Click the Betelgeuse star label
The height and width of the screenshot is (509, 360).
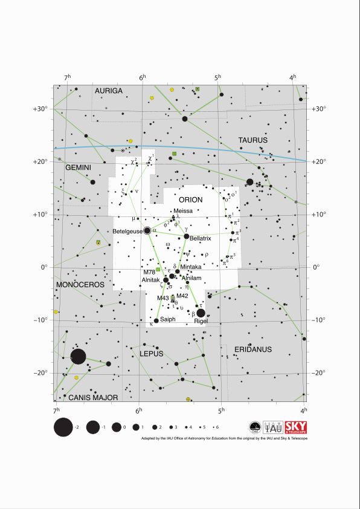click(x=127, y=232)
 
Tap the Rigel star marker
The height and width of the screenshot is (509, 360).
click(x=201, y=313)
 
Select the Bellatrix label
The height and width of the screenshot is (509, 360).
click(x=200, y=239)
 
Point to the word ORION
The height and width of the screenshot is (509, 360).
click(x=190, y=199)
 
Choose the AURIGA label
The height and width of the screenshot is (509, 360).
click(x=109, y=91)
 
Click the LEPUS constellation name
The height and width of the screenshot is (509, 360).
click(x=152, y=354)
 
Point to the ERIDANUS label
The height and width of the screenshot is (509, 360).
click(x=253, y=349)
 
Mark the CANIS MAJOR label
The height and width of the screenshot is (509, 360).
click(x=91, y=398)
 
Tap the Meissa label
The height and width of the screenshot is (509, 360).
click(x=183, y=210)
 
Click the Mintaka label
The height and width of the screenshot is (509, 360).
click(x=191, y=267)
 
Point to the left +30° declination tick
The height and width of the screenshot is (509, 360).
click(x=40, y=109)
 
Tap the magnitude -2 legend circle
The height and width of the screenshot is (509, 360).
click(x=63, y=428)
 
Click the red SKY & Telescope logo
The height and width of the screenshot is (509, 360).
click(x=296, y=427)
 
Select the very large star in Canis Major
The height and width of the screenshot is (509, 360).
click(x=78, y=357)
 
